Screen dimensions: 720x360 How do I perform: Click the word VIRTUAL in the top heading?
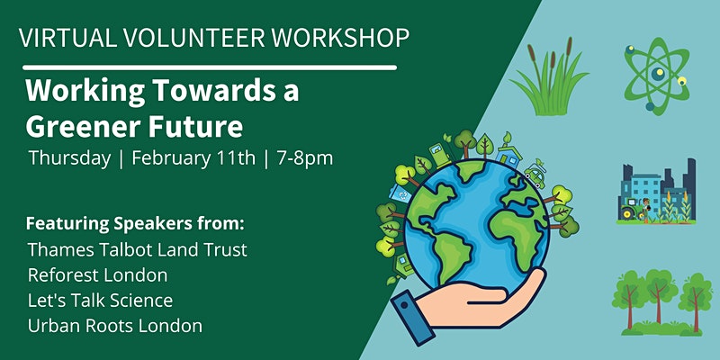[67, 38]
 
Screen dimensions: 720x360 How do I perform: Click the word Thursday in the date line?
[69, 159]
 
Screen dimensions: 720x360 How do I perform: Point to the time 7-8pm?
[305, 159]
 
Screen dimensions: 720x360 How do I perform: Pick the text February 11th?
[193, 159]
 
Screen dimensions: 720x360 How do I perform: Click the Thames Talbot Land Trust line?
[138, 250]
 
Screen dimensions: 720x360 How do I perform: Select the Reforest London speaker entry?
[97, 275]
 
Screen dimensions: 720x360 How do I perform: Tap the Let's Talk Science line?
[100, 301]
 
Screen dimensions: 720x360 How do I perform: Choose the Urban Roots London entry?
[115, 326]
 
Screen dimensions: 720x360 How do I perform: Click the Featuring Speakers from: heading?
[135, 224]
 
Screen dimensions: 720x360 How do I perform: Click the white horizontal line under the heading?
[210, 67]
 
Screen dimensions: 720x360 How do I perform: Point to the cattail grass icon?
[550, 77]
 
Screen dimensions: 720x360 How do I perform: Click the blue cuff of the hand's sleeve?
[412, 318]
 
